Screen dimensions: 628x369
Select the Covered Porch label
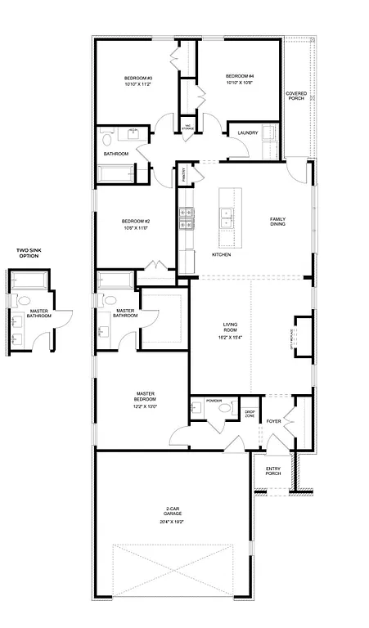click(x=295, y=96)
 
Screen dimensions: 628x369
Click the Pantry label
click(x=185, y=173)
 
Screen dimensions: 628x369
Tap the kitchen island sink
click(x=227, y=218)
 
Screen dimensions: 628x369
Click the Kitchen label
click(x=221, y=255)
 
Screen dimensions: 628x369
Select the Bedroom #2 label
click(x=135, y=221)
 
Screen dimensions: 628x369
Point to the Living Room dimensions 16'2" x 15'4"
click(x=231, y=337)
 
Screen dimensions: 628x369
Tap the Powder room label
click(x=214, y=401)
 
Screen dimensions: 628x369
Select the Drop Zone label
click(x=250, y=415)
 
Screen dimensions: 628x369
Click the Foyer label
click(x=273, y=422)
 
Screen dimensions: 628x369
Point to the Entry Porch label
click(x=272, y=471)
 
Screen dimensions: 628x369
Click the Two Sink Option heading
click(x=29, y=253)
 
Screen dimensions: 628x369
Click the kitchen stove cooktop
click(x=186, y=218)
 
